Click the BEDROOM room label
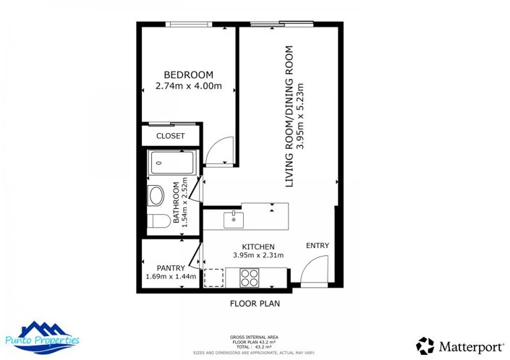point(188,75)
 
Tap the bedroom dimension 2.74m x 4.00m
point(188,87)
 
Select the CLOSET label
point(171,136)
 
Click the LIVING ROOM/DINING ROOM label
point(289,117)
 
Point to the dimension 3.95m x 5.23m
point(302,117)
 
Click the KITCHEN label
point(258,247)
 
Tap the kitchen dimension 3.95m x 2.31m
point(258,256)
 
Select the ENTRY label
point(317,246)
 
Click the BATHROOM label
point(176,202)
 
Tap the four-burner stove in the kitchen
point(250,276)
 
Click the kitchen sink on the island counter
point(233,217)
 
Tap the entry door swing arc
point(315,273)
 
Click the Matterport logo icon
point(425,346)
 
